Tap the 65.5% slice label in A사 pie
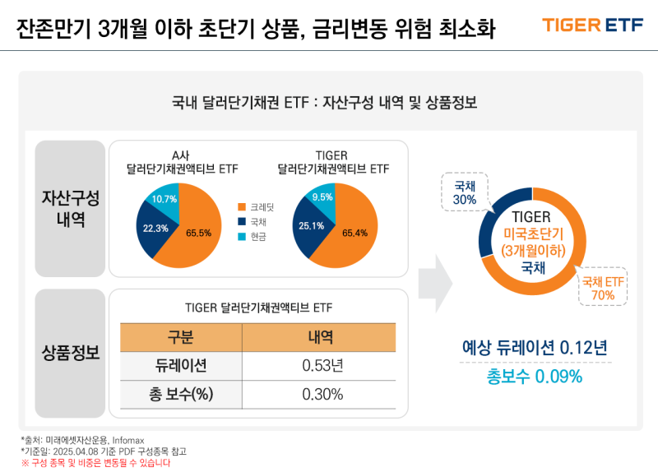[198, 234]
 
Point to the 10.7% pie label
[164, 200]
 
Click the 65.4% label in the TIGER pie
[354, 234]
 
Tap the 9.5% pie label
[322, 197]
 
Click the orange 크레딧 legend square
[242, 206]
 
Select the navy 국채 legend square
[242, 221]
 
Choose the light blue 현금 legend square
[242, 236]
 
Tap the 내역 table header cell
[322, 336]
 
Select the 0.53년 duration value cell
[322, 365]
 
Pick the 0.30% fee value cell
[322, 394]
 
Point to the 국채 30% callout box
[465, 192]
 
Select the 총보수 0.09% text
[535, 377]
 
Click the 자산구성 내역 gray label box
[70, 209]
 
